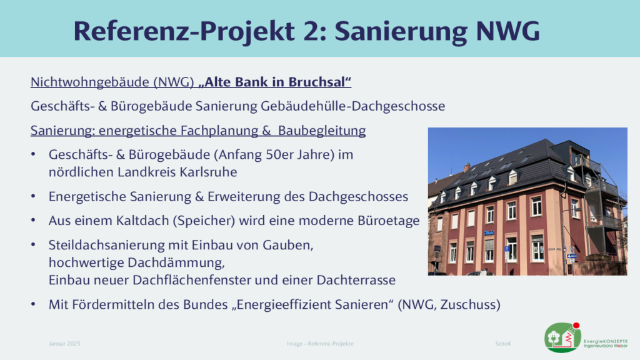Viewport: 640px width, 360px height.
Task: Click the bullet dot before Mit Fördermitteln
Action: tap(34, 304)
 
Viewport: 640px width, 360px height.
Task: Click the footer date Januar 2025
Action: tap(64, 344)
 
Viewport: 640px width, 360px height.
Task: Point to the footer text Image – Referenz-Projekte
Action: tap(320, 344)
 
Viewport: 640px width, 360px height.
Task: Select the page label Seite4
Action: tap(503, 344)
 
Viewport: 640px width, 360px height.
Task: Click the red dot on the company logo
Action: tap(576, 325)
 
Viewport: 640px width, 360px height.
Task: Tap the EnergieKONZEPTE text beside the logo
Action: tap(606, 341)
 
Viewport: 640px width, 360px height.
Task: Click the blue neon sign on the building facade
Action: tap(489, 232)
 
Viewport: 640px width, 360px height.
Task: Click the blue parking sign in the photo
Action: tap(506, 249)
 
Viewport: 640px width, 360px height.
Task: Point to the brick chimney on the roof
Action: tap(467, 167)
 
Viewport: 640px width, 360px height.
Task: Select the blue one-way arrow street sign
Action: tap(571, 256)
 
